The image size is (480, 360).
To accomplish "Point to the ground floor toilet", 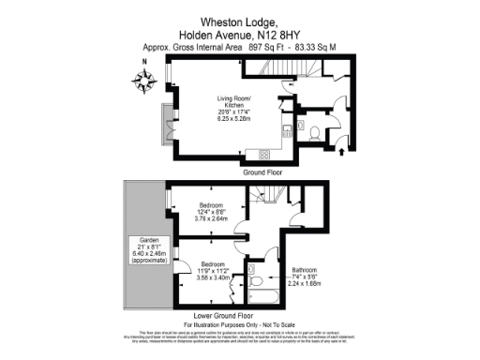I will [316, 130].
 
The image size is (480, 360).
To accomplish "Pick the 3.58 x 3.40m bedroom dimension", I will [210, 277].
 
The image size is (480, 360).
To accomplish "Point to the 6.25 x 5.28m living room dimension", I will [236, 117].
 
